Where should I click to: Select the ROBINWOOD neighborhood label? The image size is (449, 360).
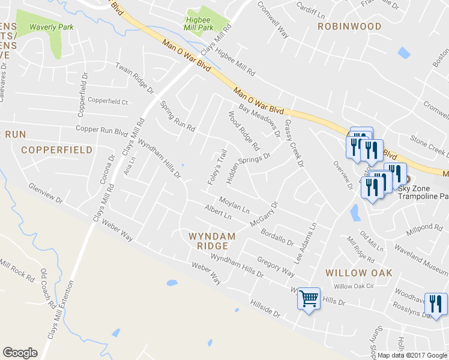point(349,26)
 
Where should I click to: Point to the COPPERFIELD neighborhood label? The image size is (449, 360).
point(57,149)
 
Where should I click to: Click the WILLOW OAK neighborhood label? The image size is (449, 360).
point(358,273)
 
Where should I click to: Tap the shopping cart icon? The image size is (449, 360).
point(309,297)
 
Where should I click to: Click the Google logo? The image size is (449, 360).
point(20,353)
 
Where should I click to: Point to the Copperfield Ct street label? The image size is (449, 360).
point(108,101)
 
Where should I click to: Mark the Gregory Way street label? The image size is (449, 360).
point(276,266)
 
